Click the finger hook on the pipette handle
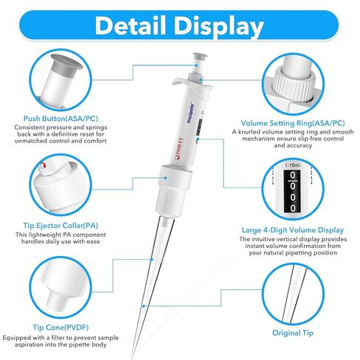tap(176, 84)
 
